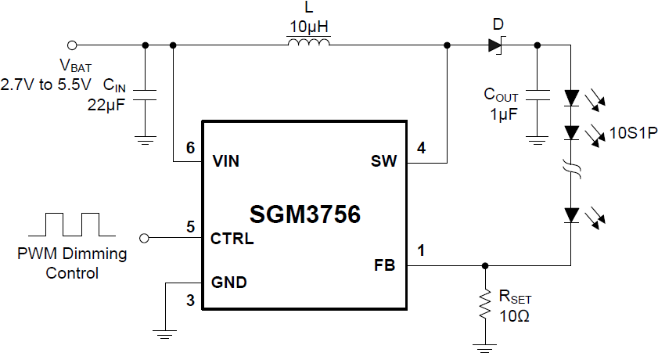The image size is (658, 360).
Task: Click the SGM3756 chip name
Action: point(305,214)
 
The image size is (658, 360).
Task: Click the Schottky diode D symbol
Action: point(495,45)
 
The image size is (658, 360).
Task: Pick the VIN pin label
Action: point(226,162)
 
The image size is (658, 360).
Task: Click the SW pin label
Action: point(384,162)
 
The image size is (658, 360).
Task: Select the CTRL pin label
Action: point(232,238)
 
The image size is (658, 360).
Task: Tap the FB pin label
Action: point(385,265)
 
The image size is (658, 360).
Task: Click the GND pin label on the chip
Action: point(229,283)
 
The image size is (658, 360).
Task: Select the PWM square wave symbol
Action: point(72,224)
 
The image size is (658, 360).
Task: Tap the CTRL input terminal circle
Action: point(143,237)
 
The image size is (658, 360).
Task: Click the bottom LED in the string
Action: point(572,214)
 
